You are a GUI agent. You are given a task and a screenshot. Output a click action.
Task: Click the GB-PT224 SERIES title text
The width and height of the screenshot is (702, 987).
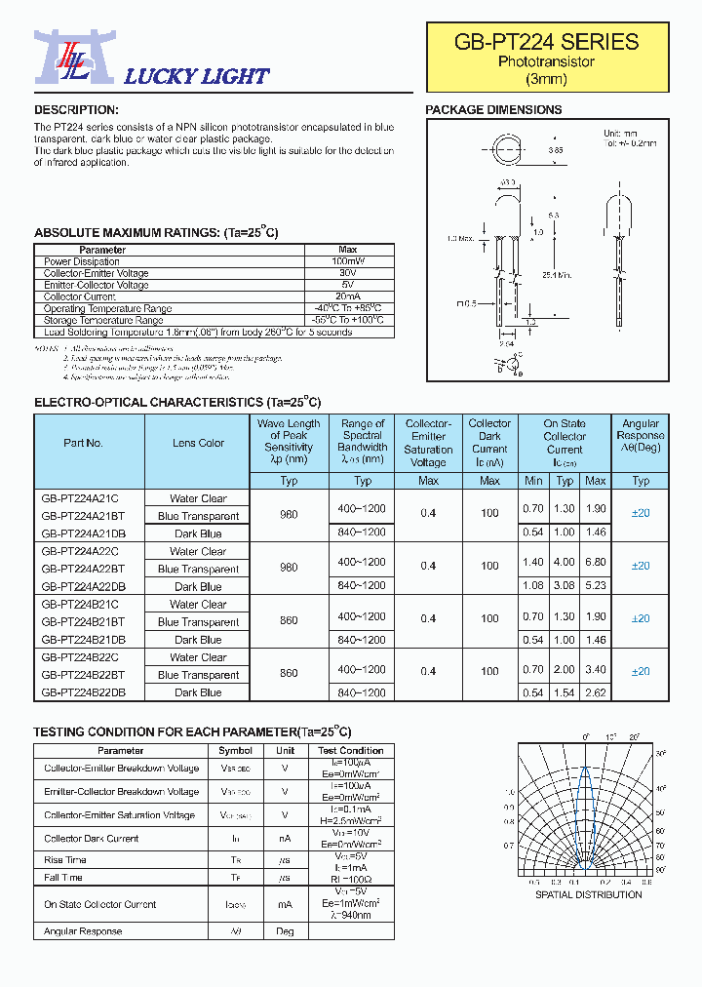(x=546, y=42)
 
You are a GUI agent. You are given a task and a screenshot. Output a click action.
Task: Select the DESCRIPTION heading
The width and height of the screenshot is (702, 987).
(x=76, y=110)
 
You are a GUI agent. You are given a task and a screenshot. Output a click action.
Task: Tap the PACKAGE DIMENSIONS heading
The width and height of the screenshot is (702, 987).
(x=493, y=110)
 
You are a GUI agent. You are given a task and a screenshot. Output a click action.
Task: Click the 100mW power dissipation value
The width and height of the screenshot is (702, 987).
(x=347, y=261)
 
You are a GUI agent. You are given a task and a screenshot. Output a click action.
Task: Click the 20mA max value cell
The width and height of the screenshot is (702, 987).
(x=347, y=296)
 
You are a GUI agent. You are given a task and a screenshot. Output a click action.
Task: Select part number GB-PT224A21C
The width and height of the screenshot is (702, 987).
(x=79, y=498)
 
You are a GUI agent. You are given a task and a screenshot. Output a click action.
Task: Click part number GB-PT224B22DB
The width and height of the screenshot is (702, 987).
(x=83, y=692)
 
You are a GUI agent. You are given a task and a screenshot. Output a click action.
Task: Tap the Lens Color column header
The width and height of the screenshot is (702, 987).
(x=198, y=443)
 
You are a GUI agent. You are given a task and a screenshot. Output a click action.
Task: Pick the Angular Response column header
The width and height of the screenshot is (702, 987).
(x=641, y=436)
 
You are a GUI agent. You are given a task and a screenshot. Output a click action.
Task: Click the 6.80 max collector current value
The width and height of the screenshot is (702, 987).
(x=595, y=563)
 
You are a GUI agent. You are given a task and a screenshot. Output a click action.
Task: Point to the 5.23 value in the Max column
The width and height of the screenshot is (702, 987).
(x=595, y=586)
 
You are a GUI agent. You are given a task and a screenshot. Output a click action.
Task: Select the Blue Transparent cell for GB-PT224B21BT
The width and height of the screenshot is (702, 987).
(x=198, y=622)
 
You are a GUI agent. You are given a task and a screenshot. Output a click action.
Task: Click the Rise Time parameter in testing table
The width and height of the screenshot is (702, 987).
(x=64, y=860)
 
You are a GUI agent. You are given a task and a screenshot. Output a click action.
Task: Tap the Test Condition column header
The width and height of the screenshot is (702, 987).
(x=350, y=751)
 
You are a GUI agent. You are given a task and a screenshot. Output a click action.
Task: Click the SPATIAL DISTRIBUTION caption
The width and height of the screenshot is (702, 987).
(x=589, y=894)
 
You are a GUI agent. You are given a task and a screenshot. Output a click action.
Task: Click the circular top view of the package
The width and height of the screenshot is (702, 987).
(x=509, y=153)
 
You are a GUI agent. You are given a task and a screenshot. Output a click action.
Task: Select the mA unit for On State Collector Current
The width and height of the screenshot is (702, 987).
(x=285, y=905)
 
